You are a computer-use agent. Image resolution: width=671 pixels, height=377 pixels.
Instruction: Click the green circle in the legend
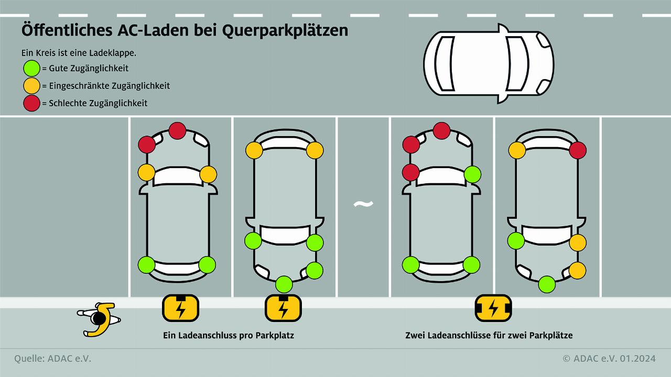[32, 68]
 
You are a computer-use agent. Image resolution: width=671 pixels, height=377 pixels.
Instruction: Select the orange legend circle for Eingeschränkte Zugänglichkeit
[32, 85]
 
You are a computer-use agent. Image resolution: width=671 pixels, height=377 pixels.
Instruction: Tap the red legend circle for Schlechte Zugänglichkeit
[32, 103]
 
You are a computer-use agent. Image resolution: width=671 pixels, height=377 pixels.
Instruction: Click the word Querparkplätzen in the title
[285, 31]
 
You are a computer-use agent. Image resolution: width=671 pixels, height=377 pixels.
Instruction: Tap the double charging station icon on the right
[493, 308]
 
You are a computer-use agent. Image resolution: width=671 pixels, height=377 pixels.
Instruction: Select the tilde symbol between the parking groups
[363, 204]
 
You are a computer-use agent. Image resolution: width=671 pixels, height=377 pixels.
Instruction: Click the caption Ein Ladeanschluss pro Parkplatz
[229, 335]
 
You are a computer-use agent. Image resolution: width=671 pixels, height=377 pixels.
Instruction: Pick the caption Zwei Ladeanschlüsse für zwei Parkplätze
[489, 335]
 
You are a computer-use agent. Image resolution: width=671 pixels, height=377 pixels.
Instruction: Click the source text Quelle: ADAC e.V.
[52, 359]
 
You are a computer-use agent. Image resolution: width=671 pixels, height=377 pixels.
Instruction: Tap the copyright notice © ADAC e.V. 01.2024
[609, 359]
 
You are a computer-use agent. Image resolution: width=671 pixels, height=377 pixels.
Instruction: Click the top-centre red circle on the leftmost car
[177, 130]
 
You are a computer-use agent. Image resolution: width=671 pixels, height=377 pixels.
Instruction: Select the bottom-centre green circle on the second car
[284, 284]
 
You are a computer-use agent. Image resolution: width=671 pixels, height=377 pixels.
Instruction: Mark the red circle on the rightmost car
[577, 150]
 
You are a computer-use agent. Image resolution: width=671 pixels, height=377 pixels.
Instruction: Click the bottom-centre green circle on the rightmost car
[547, 284]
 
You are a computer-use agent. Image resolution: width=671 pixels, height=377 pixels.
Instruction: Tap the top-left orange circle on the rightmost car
[517, 150]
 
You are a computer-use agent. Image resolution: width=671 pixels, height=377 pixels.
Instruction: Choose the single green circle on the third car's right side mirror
[472, 174]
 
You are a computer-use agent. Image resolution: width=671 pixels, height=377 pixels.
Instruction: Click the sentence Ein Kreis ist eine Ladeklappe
[79, 53]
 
